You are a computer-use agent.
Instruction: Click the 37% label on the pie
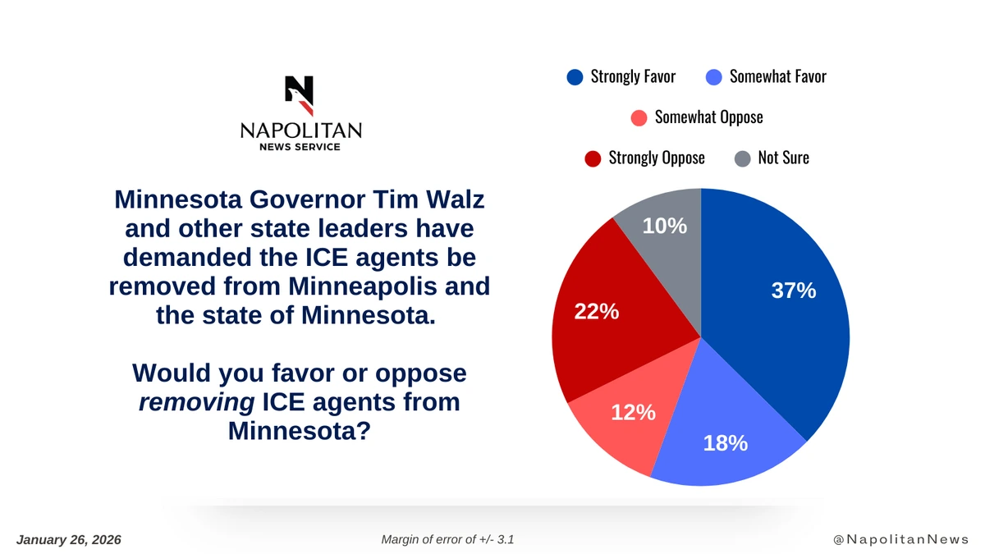[x=793, y=291]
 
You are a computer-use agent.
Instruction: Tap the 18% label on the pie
[x=725, y=443]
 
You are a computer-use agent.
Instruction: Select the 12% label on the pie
[x=633, y=412]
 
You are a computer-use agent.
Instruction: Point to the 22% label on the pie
[x=596, y=313]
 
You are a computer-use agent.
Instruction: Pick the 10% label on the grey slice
[x=664, y=226]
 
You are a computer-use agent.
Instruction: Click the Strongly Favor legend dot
[x=575, y=77]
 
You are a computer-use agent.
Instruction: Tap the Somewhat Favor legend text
[x=777, y=77]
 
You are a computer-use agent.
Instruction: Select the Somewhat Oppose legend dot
[x=639, y=117]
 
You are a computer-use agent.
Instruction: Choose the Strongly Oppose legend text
[x=656, y=158]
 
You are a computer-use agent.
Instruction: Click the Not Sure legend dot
[x=742, y=158]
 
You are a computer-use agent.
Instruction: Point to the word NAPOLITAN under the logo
[x=300, y=131]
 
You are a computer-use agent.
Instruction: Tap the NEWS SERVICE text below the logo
[x=300, y=147]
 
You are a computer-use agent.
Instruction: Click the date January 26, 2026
[x=69, y=539]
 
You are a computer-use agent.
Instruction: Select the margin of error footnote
[x=448, y=539]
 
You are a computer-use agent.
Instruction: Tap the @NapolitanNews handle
[x=900, y=539]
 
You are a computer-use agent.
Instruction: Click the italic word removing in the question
[x=196, y=402]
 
